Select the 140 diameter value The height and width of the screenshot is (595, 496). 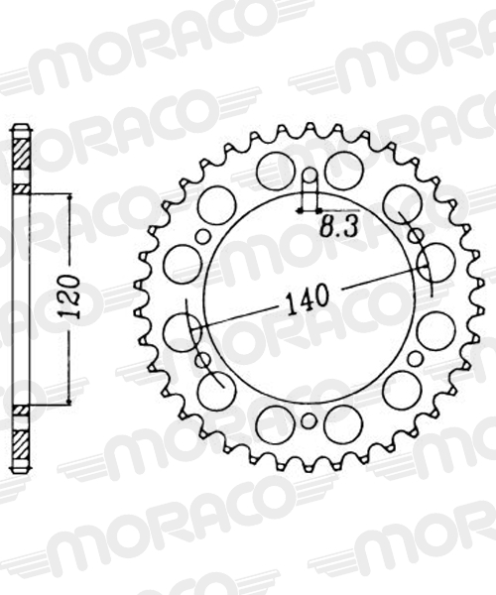(x=308, y=296)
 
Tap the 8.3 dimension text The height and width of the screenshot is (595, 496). (x=339, y=228)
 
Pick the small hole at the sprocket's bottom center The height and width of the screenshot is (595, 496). (x=310, y=420)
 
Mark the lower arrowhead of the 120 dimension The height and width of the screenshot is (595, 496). (x=69, y=401)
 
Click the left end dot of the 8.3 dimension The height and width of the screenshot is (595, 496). (x=301, y=210)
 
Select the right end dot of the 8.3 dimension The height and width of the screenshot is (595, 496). (x=318, y=210)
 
